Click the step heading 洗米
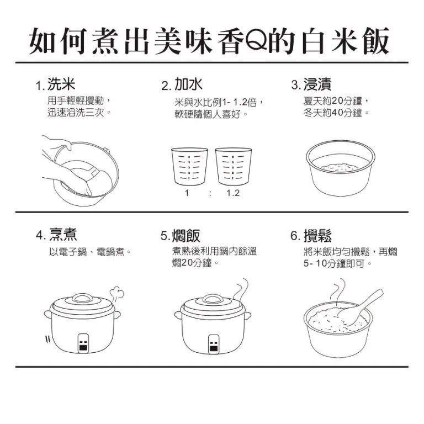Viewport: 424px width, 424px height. coord(61,83)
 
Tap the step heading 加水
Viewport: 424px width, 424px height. coord(188,83)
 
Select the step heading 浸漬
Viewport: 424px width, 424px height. coord(317,84)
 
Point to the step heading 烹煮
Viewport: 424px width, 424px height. coord(63,235)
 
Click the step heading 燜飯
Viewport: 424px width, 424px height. coord(186,236)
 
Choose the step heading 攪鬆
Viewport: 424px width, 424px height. coord(317,236)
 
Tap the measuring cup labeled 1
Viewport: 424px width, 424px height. coord(189,166)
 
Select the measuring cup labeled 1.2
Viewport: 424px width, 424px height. coord(234,166)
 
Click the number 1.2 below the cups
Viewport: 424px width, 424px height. coord(233,193)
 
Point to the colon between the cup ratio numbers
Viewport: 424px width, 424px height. coord(210,193)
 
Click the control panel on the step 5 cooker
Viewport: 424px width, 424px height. coord(214,344)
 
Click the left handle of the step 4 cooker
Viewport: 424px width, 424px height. coord(47,314)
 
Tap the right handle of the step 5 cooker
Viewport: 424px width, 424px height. coord(248,315)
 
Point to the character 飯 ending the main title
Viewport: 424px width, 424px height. coord(375,41)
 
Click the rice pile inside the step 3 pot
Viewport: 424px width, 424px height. coord(340,167)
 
